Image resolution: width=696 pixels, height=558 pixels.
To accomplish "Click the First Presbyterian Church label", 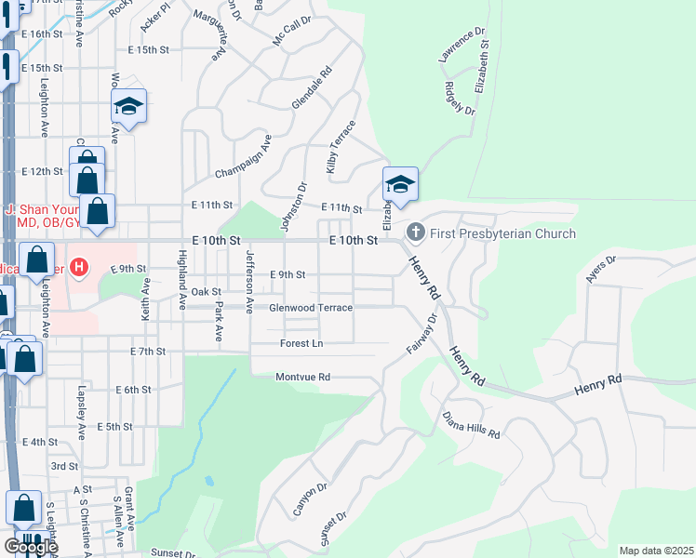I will coord(502,233).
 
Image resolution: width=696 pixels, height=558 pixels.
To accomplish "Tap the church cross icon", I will coord(416,232).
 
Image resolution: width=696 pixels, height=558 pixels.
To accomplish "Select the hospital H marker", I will coord(79,269).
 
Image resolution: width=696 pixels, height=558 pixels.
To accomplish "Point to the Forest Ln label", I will coord(301,343).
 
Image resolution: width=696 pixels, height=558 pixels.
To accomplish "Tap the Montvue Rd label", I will coord(303,377).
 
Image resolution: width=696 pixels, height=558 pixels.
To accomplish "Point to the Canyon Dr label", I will coord(310,499).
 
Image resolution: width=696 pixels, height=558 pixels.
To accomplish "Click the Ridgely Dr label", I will coord(460,98).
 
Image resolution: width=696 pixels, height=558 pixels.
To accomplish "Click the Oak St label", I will coord(206,292).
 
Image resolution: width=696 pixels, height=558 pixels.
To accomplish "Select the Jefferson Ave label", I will coord(248,282).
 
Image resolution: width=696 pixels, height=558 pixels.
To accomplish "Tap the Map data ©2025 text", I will coord(656,551).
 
